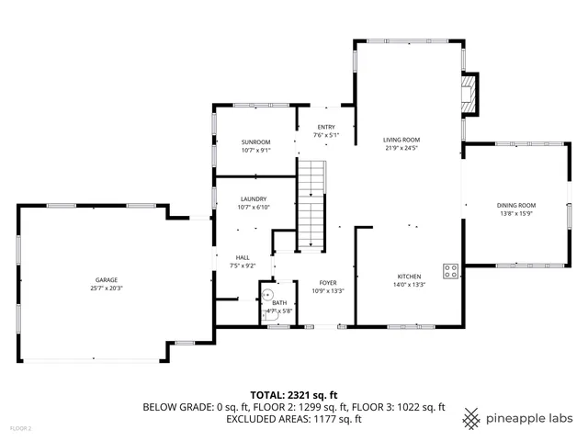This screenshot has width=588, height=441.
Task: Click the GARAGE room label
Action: click(x=106, y=280)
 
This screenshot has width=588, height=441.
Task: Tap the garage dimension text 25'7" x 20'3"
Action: click(x=106, y=288)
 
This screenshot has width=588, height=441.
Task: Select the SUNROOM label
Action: click(x=255, y=142)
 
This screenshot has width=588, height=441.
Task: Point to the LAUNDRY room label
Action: click(x=254, y=199)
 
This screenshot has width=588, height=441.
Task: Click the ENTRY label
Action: click(x=326, y=128)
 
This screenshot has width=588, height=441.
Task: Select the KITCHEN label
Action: click(x=409, y=276)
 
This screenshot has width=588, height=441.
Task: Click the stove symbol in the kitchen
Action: click(x=451, y=270)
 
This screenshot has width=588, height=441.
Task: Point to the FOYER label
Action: click(x=328, y=283)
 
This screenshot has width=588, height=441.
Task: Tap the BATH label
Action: click(x=278, y=303)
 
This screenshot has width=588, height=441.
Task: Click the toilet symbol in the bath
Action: click(x=267, y=296)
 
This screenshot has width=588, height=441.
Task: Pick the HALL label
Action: click(x=243, y=257)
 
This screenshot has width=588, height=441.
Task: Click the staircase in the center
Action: click(x=313, y=204)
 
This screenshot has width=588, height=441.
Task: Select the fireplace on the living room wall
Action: click(x=469, y=94)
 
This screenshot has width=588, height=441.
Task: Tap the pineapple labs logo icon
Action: click(x=471, y=418)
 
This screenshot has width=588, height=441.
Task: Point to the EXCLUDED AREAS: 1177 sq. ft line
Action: click(x=293, y=419)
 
